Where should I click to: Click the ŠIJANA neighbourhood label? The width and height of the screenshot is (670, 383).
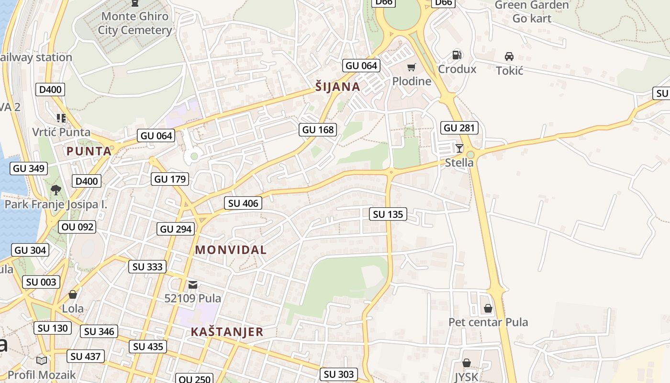pos(337,87)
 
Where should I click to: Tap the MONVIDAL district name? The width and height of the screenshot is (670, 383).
pos(231,249)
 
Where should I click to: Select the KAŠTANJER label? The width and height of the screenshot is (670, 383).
pos(227,332)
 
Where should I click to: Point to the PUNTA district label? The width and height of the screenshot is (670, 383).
pos(89,151)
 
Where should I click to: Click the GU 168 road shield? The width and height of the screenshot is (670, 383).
pos(318,129)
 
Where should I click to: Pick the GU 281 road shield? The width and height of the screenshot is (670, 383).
pos(459,128)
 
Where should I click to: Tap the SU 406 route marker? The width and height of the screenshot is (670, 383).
pos(243,203)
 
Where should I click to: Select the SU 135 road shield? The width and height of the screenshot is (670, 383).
pos(388,214)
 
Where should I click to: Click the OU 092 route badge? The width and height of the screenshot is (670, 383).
pos(78,226)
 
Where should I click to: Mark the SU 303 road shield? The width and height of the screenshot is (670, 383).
pos(339,374)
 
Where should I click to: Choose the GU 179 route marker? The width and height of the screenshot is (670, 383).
pos(170,179)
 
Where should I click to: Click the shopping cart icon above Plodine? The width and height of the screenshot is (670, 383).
pos(411,67)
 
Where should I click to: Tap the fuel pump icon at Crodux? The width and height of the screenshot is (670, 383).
pos(457,55)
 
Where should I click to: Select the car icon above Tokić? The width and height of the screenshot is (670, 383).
pos(509,56)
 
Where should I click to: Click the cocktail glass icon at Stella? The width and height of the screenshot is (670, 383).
pos(459,148)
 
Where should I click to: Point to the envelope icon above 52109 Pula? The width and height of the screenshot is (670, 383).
pos(193,285)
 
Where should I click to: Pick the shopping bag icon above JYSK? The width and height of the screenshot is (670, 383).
pos(466,363)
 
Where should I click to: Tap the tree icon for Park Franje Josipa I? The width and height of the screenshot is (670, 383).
pos(56,190)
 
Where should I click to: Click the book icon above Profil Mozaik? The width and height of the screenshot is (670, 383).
pos(42,360)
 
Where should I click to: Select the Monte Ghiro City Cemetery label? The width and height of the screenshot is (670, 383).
pos(135,23)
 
